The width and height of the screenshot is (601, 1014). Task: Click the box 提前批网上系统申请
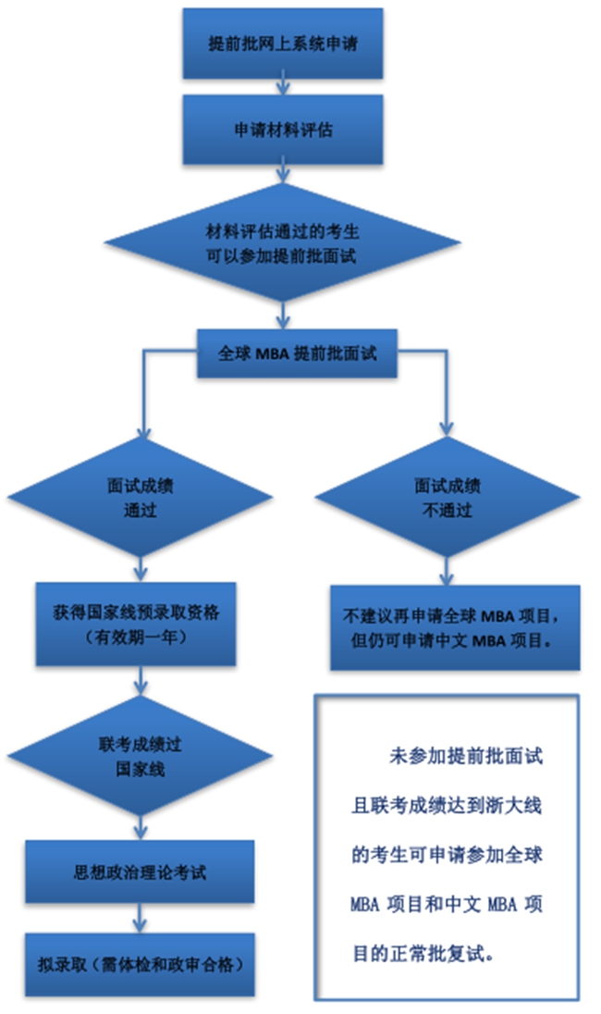(283, 43)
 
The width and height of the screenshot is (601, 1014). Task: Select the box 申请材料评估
(283, 130)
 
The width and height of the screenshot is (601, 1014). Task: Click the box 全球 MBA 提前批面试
(296, 353)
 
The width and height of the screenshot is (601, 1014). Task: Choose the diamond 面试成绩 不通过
(447, 498)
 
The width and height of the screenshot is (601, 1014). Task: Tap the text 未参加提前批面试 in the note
(466, 756)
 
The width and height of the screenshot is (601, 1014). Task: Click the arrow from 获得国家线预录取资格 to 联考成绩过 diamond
(140, 684)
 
